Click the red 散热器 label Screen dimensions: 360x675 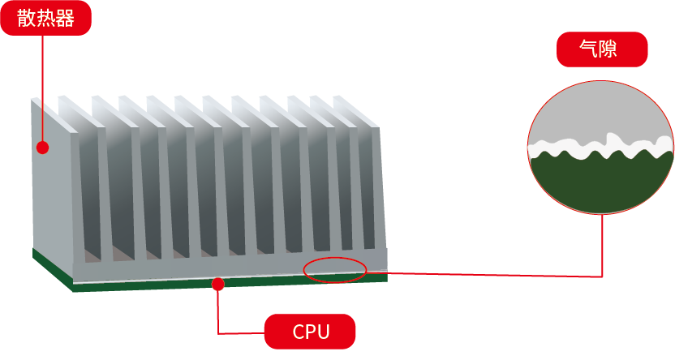click(x=45, y=18)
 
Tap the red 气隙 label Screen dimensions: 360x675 click(x=601, y=49)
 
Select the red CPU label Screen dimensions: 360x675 click(x=310, y=332)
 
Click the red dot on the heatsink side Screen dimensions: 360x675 click(x=43, y=148)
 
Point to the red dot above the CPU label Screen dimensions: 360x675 click(x=217, y=283)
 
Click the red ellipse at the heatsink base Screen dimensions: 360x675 click(x=335, y=269)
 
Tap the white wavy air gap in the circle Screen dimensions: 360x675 click(x=600, y=148)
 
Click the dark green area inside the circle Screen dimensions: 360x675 click(x=600, y=185)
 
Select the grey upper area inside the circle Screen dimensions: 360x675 click(x=600, y=109)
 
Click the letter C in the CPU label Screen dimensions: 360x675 click(x=298, y=332)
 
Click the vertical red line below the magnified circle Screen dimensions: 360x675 click(x=602, y=243)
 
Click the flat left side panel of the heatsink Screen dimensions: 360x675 click(x=53, y=186)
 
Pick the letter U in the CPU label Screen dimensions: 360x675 click(x=323, y=332)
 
